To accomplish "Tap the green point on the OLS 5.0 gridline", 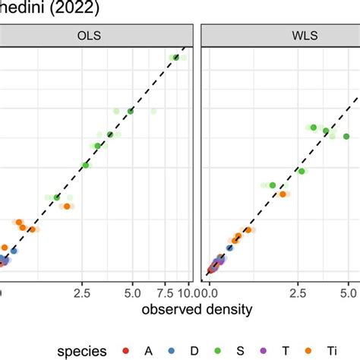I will pos(131,112).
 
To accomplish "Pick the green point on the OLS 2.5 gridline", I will pos(86,165).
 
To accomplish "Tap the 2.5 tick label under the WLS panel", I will pos(301,290).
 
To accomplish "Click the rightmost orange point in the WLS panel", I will pos(283,194).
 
